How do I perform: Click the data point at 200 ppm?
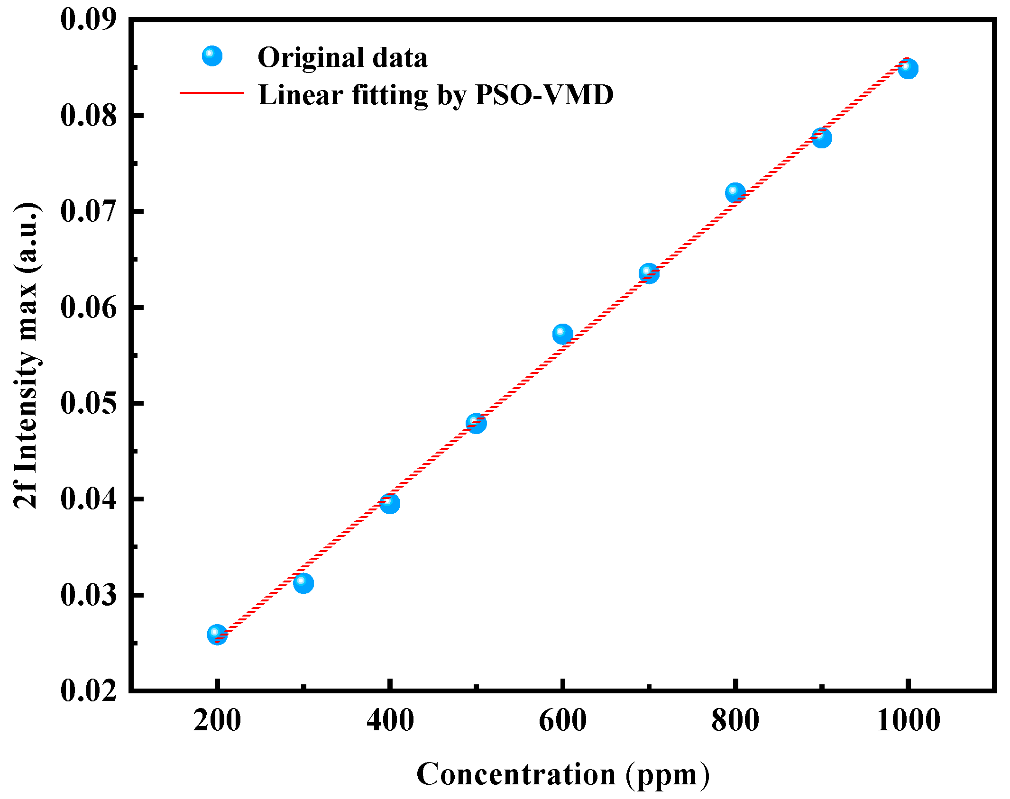217,634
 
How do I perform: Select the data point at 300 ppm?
303,582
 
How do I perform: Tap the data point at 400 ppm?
389,503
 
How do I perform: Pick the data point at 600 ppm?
562,334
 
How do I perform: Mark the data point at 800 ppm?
735,193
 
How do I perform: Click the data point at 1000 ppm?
908,69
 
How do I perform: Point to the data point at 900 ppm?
821,138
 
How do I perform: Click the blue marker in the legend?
212,56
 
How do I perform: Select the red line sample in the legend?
212,93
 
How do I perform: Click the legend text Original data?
342,57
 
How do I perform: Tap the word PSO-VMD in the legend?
544,94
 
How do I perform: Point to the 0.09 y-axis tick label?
89,20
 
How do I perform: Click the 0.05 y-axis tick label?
89,403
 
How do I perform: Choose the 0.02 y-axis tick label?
89,690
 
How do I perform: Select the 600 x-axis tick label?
562,721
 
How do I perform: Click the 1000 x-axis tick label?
908,721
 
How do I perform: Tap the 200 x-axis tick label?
217,721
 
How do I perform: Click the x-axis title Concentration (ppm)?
563,774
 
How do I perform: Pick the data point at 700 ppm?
649,273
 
